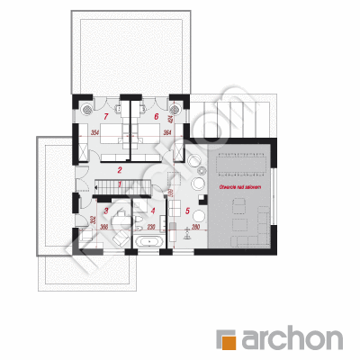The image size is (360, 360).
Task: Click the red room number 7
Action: tap(105, 117)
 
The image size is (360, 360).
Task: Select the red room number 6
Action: tap(156, 117)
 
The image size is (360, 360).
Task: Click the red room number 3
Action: tap(107, 211)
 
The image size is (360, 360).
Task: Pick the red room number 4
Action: tap(153, 212)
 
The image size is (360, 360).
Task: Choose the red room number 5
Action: tap(188, 211)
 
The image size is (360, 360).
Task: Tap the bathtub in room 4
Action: tap(149, 243)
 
